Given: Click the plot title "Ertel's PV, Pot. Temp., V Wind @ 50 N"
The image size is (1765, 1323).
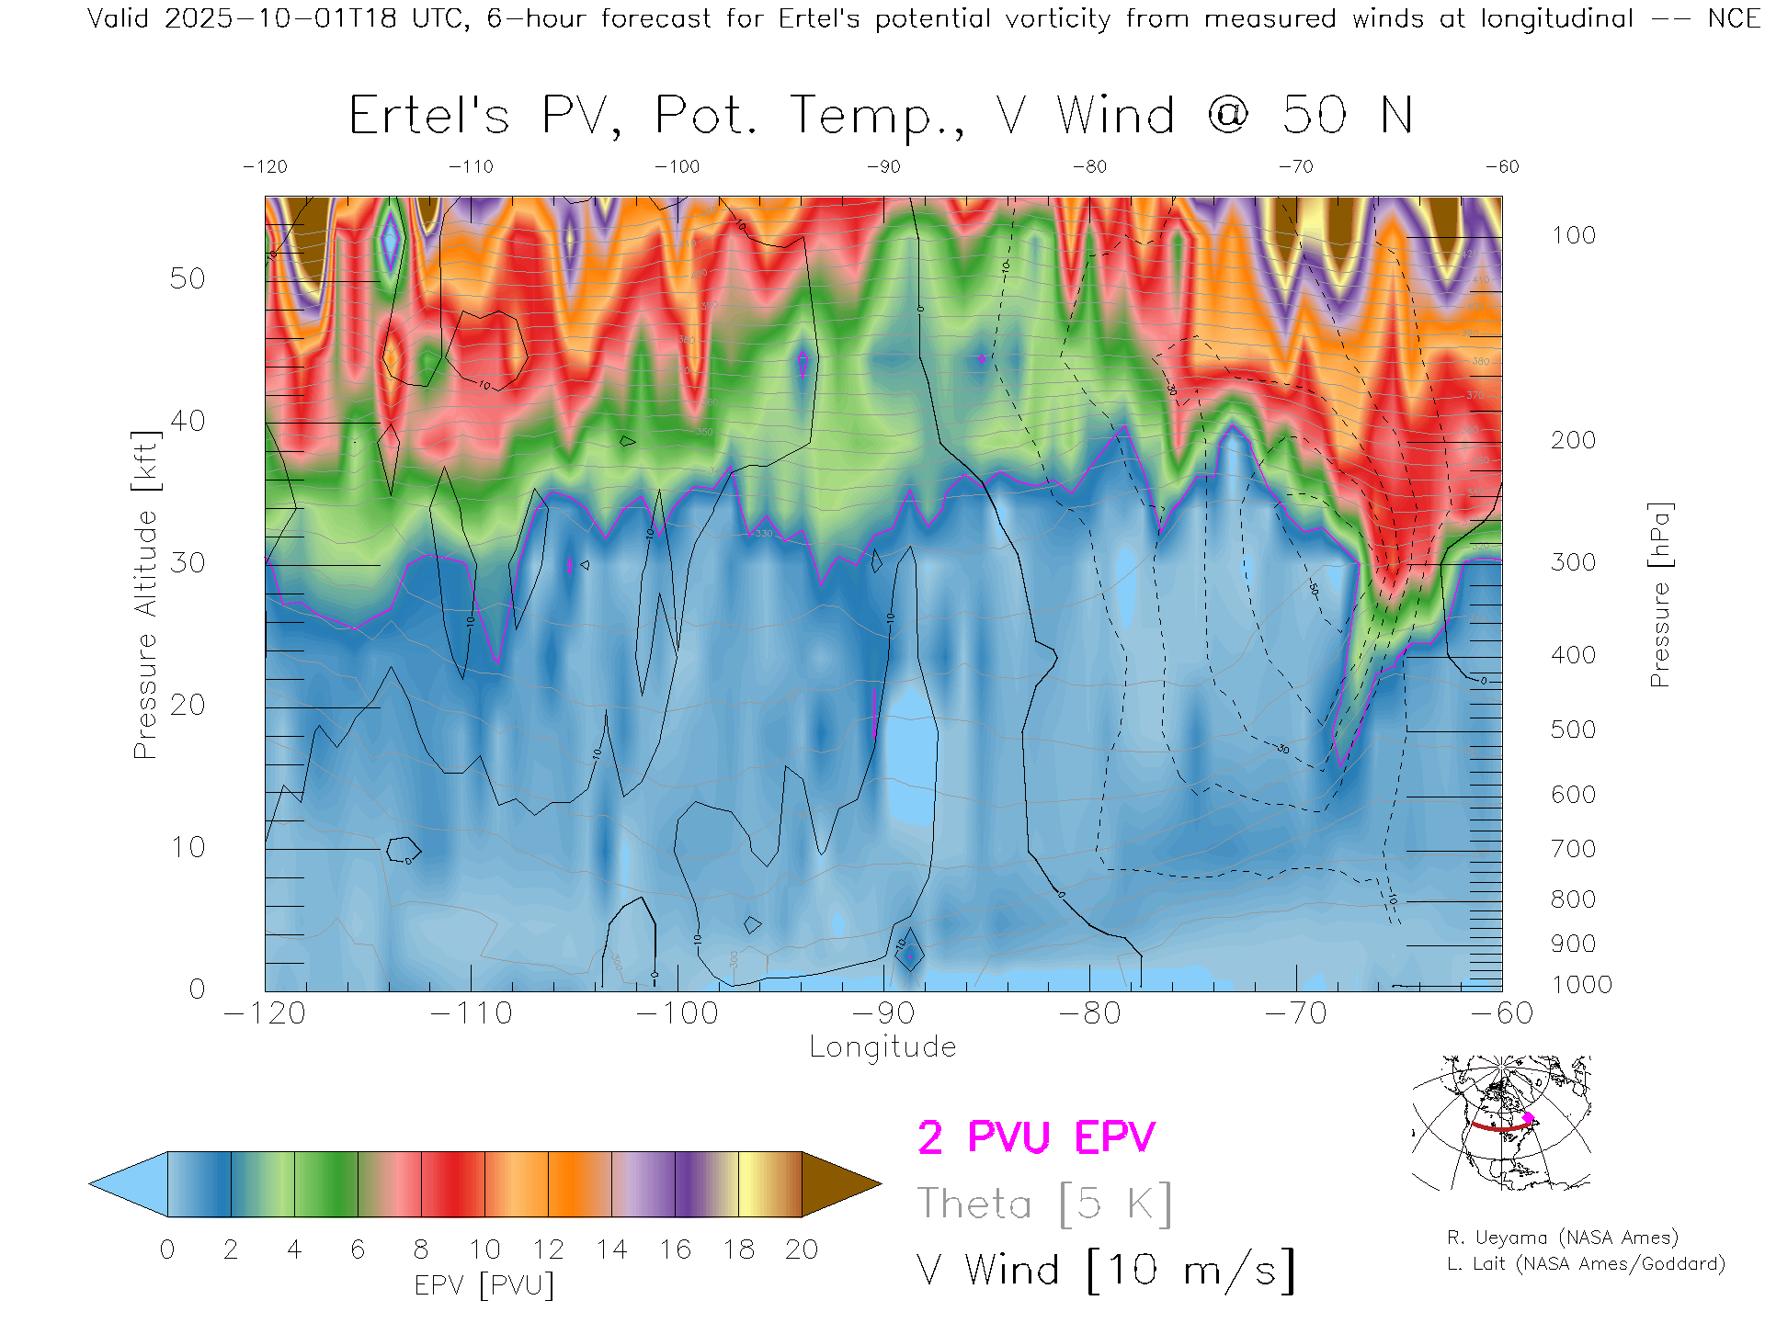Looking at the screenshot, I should click(x=881, y=117).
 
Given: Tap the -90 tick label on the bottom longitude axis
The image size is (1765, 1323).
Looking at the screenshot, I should click(x=883, y=1012).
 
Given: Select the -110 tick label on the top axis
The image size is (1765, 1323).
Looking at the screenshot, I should click(x=471, y=166).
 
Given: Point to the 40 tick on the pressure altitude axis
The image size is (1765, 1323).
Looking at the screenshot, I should click(x=187, y=421).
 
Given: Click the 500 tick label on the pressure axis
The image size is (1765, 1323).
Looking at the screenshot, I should click(x=1573, y=729).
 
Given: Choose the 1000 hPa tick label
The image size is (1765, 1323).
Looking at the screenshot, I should click(x=1581, y=985).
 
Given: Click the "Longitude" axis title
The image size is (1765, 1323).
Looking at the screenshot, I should click(x=882, y=1047).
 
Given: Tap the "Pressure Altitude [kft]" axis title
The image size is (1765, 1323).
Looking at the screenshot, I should click(x=145, y=594).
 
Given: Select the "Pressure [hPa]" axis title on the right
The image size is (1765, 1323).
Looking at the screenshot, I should click(x=1659, y=594).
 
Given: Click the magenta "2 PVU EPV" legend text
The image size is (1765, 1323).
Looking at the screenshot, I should click(x=1036, y=1137).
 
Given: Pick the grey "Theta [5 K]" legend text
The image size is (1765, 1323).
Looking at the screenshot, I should click(x=1044, y=1204).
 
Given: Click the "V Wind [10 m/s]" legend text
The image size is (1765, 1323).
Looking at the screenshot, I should click(x=1106, y=1270).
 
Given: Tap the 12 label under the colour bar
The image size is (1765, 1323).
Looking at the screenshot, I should click(x=548, y=1249).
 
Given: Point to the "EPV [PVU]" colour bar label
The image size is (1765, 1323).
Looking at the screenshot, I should click(x=484, y=1284).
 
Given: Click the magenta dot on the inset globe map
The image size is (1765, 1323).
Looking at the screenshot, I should click(x=1529, y=1118).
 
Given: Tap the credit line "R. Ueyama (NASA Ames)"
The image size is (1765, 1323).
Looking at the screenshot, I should click(x=1562, y=1238).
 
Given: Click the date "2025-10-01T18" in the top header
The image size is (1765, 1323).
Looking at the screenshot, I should click(x=280, y=18).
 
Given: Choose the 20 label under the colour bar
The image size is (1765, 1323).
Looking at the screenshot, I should click(x=802, y=1249).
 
